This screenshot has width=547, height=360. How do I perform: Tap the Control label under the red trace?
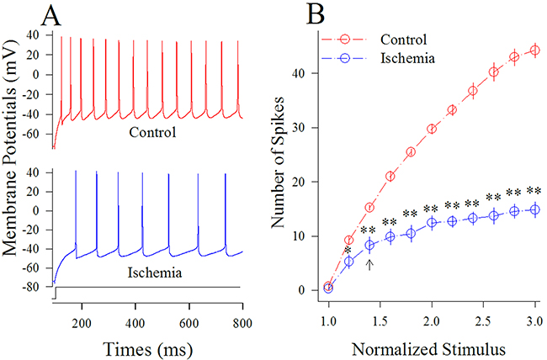pyautogui.click(x=151, y=132)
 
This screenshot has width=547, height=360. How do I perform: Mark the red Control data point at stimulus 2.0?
pyautogui.click(x=432, y=129)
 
